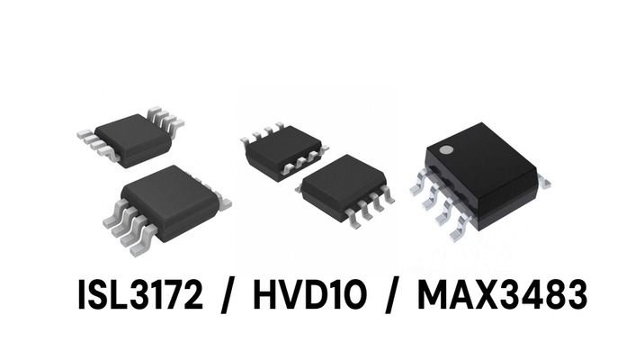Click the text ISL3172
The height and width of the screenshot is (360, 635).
click(140, 294)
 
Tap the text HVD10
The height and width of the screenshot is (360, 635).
click(310, 294)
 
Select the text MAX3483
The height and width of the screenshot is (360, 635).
click(502, 294)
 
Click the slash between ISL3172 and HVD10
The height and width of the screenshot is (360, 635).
click(228, 295)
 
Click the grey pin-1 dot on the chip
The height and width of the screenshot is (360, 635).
click(446, 150)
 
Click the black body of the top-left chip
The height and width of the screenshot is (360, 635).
click(133, 139)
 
